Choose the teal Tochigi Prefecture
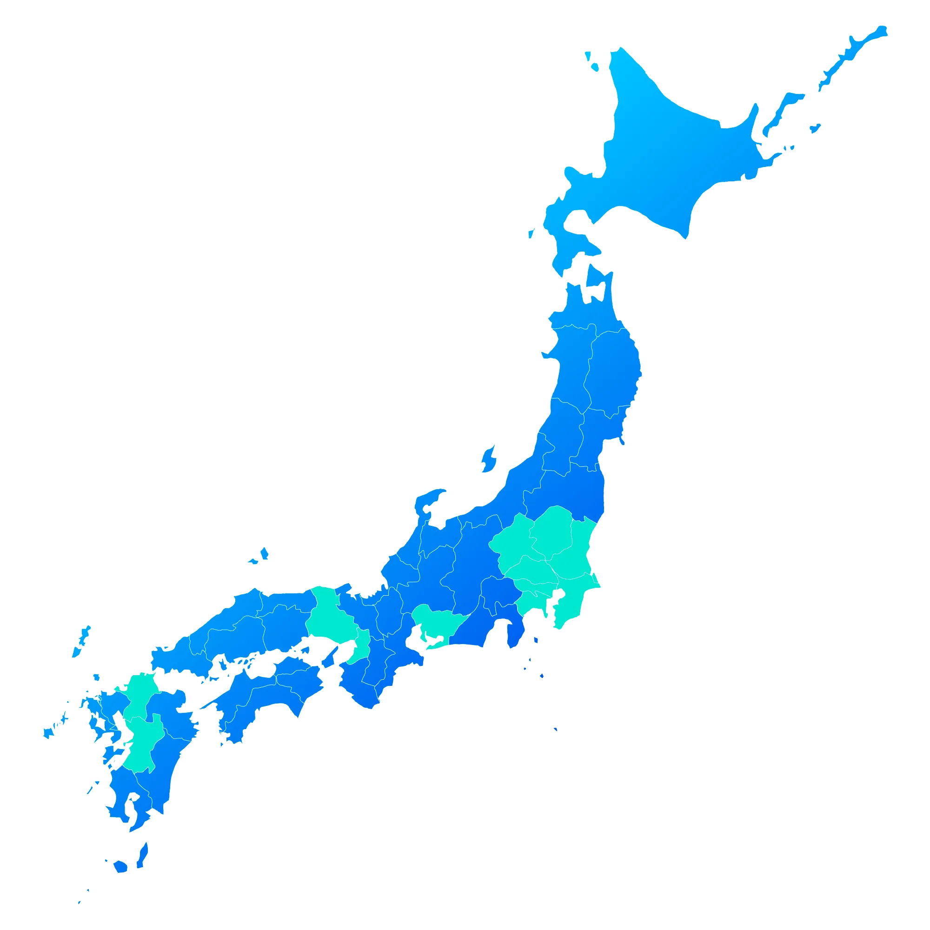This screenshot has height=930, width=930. [551, 530]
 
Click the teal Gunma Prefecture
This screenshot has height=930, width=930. [512, 544]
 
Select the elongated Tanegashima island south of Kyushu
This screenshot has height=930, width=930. [142, 854]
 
